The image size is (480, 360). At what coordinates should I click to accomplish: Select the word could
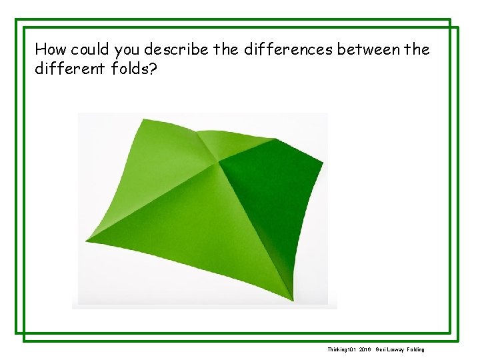[91, 49]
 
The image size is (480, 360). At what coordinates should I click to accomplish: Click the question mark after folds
[154, 69]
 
